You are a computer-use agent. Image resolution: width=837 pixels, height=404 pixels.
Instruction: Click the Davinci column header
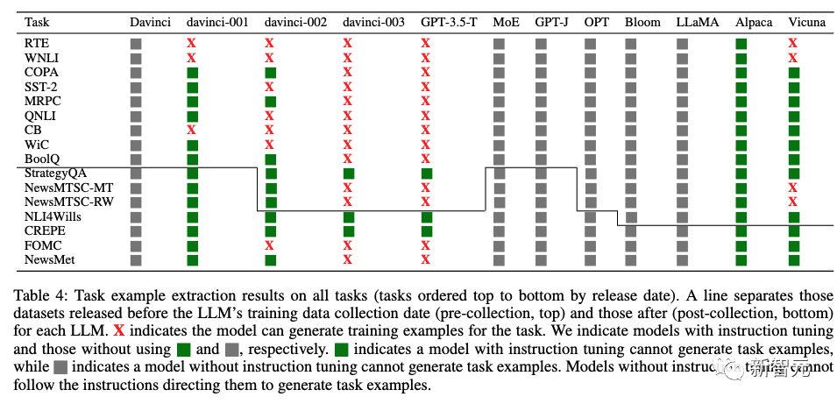point(150,21)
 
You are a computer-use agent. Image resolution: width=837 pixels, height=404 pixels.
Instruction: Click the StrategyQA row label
point(57,174)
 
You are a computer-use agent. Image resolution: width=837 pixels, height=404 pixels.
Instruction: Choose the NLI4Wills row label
point(54,216)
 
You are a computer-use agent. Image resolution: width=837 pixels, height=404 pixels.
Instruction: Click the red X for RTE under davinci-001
point(192,43)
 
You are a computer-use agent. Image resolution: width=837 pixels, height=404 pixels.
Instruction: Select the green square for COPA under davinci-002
point(270,72)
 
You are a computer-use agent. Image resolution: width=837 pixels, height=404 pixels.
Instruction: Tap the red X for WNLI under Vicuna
point(793,58)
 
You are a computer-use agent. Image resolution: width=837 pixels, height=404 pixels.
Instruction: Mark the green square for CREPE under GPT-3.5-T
point(426,231)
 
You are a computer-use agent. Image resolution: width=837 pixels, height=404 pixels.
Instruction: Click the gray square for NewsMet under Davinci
point(136,260)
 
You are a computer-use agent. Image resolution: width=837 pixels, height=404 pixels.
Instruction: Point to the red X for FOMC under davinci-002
point(270,246)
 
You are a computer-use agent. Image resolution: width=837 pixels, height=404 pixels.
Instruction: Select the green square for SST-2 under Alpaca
point(741,87)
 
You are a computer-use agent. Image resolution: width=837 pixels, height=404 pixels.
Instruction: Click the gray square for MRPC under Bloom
point(631,101)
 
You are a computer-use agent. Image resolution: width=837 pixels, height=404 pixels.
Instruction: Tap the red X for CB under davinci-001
point(192,130)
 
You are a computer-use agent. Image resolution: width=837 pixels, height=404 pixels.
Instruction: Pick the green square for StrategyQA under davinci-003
point(348,174)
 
